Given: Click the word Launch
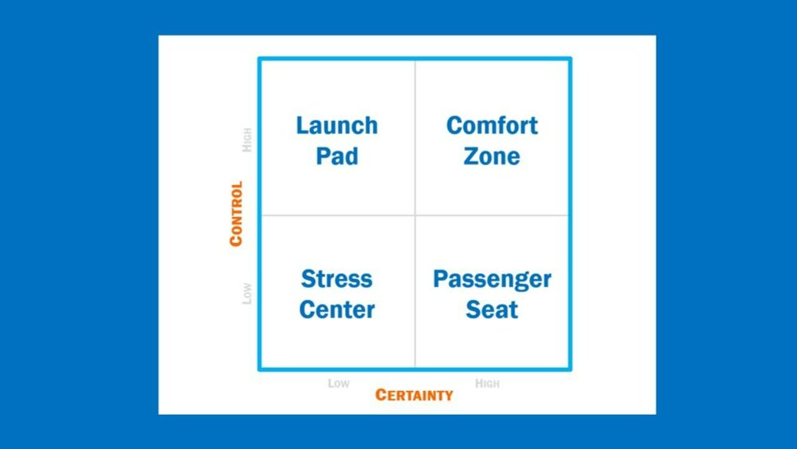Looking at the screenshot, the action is [x=337, y=125].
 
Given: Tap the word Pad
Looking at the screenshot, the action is [x=337, y=156].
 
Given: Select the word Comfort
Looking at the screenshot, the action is [x=492, y=125].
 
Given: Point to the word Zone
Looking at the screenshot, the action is [x=492, y=156].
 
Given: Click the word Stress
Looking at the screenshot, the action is [x=336, y=278].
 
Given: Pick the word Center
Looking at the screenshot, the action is [x=337, y=309].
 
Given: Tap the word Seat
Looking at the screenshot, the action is [x=492, y=309].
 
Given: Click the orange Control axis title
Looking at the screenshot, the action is [x=236, y=214].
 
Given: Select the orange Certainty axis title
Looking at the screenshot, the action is [x=414, y=395].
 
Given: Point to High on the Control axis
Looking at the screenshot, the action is [x=246, y=140].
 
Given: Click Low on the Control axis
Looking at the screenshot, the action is [x=246, y=293].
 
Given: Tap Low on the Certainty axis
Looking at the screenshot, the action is [x=339, y=384].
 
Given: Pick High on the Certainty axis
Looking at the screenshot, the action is [x=487, y=384].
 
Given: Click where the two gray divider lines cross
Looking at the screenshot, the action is [x=415, y=215].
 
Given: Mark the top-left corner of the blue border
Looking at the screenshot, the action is [x=259, y=58].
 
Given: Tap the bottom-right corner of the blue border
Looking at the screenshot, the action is [x=571, y=370].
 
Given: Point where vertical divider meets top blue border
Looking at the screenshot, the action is [x=415, y=59].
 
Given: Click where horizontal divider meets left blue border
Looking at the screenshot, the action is [x=260, y=215].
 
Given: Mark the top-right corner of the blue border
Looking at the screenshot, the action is [x=571, y=58].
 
